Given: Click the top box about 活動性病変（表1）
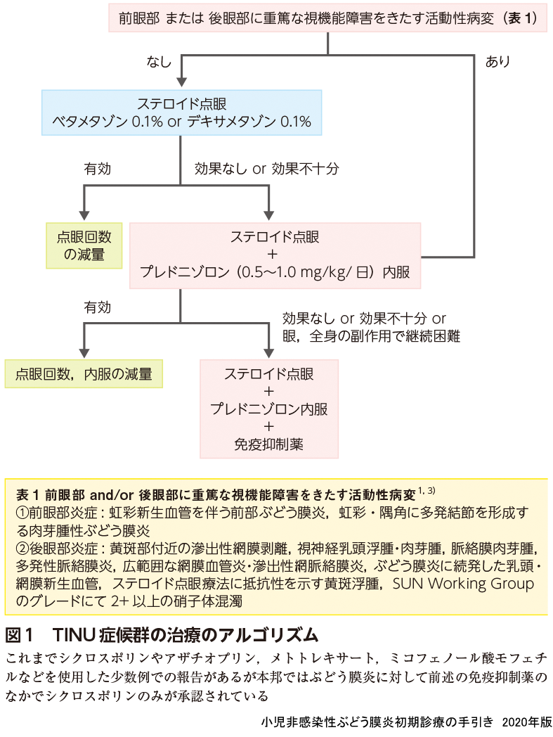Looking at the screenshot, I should tap(328, 18).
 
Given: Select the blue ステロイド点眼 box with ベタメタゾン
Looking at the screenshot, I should tap(181, 112).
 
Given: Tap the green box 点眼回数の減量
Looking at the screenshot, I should tap(85, 245).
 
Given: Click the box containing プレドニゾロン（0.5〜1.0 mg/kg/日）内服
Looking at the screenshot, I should tap(275, 255).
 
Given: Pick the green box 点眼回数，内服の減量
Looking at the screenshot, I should tap(84, 374).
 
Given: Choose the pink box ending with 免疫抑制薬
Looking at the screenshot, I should tap(269, 409).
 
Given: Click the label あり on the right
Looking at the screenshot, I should tap(497, 62).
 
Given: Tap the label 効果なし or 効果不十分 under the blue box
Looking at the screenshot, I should tap(267, 169).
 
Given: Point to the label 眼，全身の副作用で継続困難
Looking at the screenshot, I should tap(371, 336).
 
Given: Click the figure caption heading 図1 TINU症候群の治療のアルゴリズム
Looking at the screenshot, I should tap(162, 635).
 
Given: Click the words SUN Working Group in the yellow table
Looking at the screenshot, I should tap(463, 584).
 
